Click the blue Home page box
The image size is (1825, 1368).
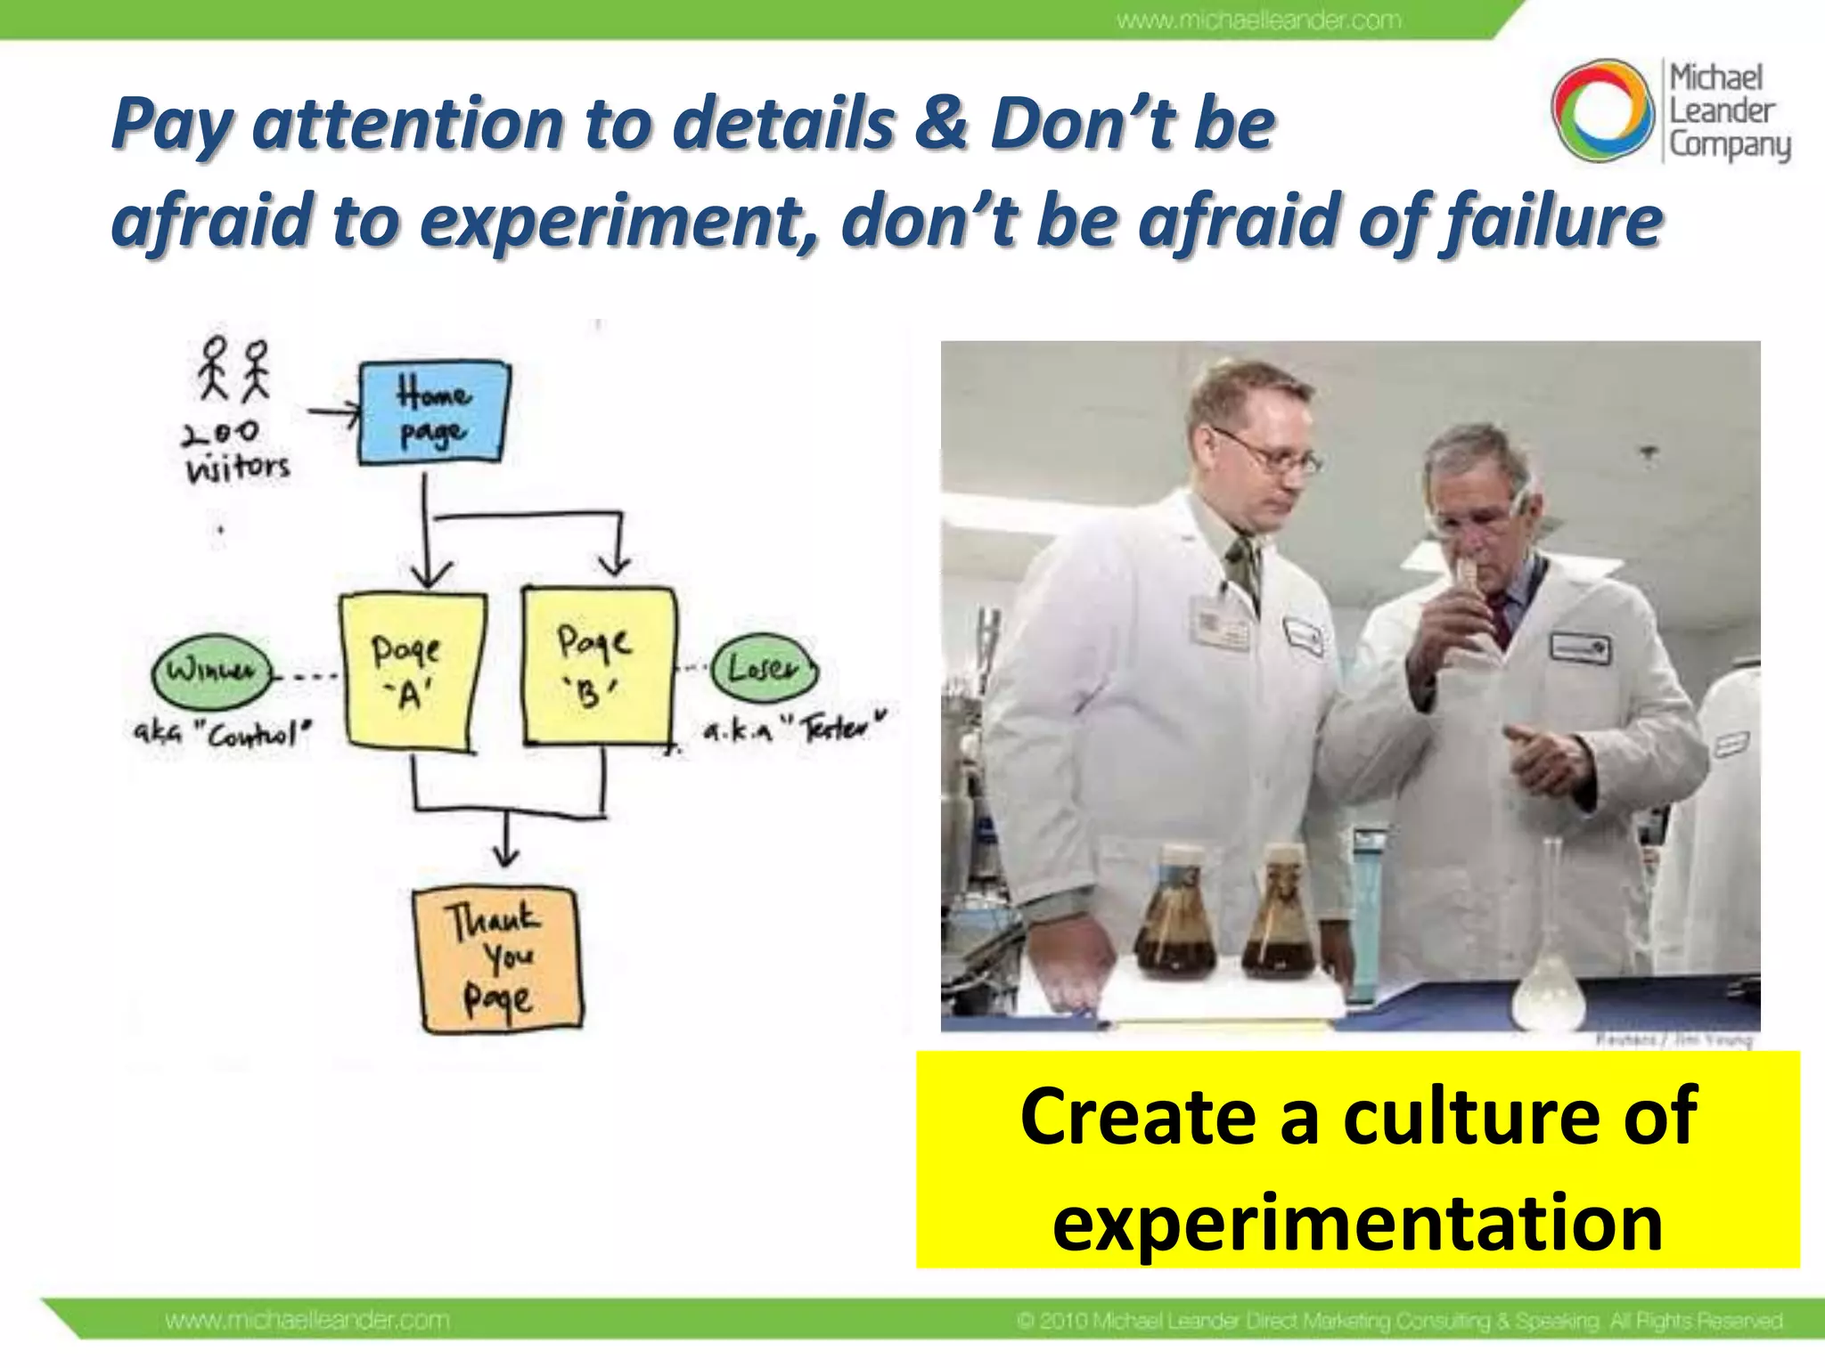point(433,412)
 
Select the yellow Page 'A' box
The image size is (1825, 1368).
point(411,673)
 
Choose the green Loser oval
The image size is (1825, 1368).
point(764,668)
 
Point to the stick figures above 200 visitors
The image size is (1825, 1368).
point(233,368)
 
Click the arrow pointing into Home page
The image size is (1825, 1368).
point(333,412)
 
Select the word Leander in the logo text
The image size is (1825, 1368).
point(1722,111)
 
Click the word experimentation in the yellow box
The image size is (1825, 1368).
point(1357,1223)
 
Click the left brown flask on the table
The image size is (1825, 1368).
point(1174,917)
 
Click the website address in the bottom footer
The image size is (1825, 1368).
point(307,1320)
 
